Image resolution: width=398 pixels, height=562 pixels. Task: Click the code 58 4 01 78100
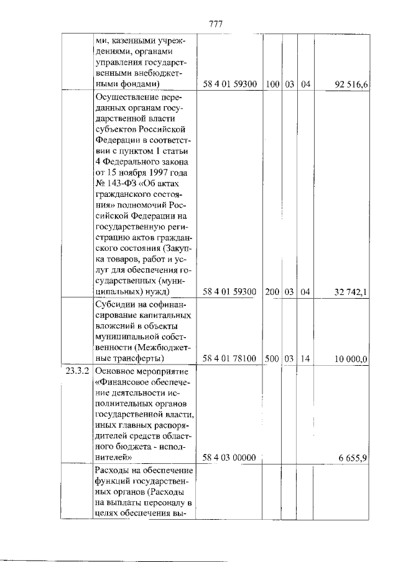230,359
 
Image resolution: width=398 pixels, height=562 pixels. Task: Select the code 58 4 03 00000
230,458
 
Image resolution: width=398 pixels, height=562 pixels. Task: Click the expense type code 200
272,292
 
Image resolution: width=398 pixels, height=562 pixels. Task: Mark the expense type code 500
272,359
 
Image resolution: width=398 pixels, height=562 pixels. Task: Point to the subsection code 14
305,359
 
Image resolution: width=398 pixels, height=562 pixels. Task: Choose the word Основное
119,371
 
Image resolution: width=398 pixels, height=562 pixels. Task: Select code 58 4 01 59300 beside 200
230,292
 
